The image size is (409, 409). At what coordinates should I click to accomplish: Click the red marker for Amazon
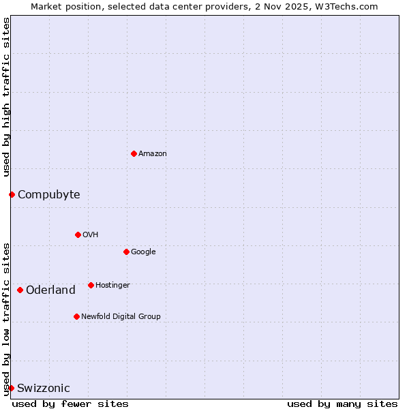[x=134, y=153]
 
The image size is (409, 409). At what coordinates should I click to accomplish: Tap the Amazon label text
[x=153, y=154]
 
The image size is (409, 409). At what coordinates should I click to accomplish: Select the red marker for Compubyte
[x=12, y=194]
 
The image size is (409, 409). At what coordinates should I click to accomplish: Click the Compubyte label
[x=48, y=195]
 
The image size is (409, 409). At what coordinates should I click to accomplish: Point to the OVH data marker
[x=78, y=234]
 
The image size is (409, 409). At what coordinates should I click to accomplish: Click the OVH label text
[x=91, y=235]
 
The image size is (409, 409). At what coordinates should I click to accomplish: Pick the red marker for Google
[x=126, y=252]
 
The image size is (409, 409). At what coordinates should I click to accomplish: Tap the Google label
[x=143, y=252]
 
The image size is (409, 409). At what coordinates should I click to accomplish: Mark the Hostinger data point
[x=91, y=285]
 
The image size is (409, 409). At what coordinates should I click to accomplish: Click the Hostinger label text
[x=112, y=286]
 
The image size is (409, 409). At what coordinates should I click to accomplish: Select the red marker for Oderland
[x=20, y=290]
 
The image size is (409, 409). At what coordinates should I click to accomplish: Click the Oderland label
[x=50, y=290]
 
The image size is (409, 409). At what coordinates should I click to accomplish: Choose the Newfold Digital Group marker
[x=76, y=316]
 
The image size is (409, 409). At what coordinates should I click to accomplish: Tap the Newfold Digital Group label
[x=121, y=317]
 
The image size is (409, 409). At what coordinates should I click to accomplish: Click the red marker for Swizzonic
[x=11, y=388]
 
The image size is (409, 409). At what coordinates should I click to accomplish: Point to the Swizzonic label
[x=44, y=389]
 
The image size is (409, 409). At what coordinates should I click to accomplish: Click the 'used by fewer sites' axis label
[x=70, y=404]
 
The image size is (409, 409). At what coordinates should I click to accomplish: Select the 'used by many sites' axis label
[x=342, y=404]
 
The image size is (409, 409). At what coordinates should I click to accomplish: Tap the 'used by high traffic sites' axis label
[x=6, y=97]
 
